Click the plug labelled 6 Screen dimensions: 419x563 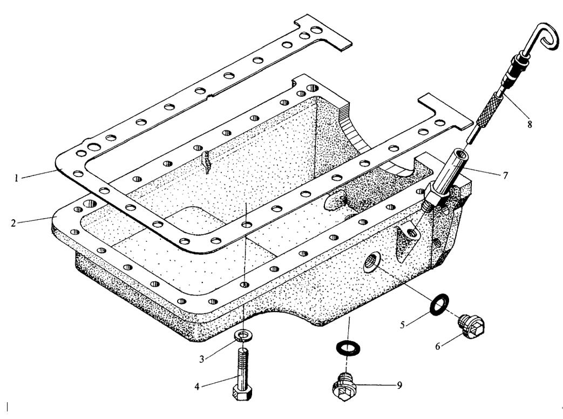[471, 326]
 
